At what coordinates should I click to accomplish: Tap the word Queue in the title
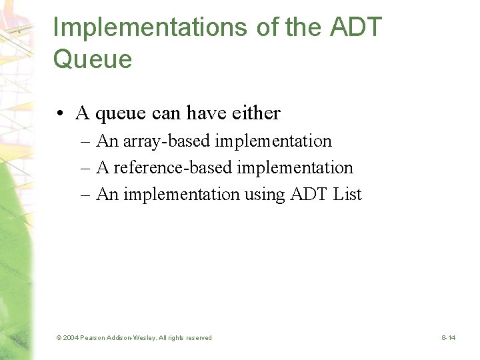coord(92,60)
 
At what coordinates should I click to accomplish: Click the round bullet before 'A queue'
coord(61,114)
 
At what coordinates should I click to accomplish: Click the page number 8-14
coord(449,338)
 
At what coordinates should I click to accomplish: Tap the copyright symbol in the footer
coord(59,338)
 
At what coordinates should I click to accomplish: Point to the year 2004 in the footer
coord(71,338)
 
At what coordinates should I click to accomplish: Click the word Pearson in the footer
coord(93,338)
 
